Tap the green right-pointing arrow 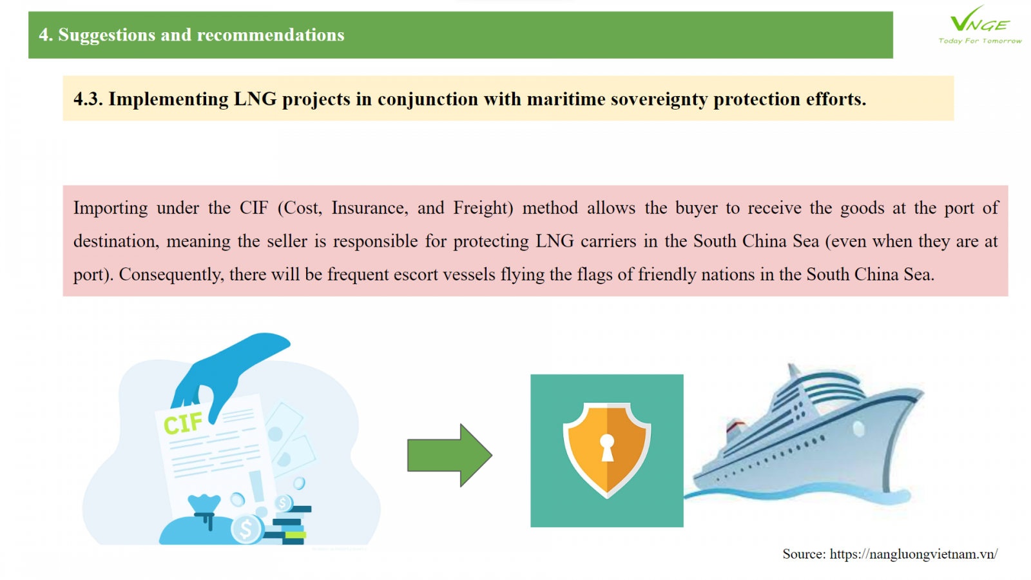pyautogui.click(x=450, y=455)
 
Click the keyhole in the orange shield pyautogui.click(x=606, y=447)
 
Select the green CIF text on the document pyautogui.click(x=183, y=423)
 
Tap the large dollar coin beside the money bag pyautogui.click(x=247, y=529)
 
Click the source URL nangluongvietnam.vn pyautogui.click(x=913, y=554)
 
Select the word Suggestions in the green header pyautogui.click(x=107, y=35)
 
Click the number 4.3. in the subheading pyautogui.click(x=88, y=99)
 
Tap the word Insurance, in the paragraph pyautogui.click(x=370, y=208)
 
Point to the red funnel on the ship pyautogui.click(x=735, y=427)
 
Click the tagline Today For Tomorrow pyautogui.click(x=980, y=41)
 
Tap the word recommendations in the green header pyautogui.click(x=271, y=35)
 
